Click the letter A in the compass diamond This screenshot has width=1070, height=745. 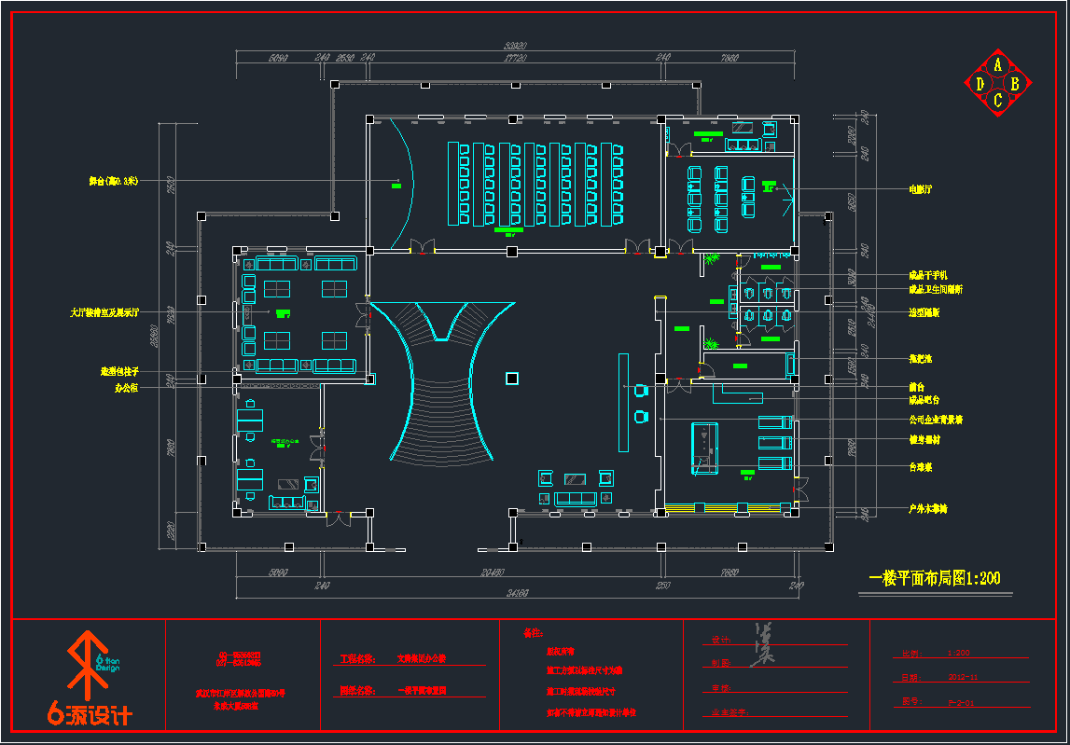[998, 64]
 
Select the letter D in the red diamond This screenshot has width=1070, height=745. [980, 84]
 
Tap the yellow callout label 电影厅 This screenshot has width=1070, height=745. [921, 189]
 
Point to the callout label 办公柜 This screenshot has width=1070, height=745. [126, 388]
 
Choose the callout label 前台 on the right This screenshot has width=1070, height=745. [917, 386]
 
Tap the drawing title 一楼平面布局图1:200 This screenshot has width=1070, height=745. [934, 579]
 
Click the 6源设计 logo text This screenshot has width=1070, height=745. [90, 715]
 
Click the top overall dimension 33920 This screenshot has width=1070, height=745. [516, 46]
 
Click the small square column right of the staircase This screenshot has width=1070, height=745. [511, 378]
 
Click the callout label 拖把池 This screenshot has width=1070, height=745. [921, 358]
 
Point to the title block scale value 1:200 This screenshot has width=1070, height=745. [958, 654]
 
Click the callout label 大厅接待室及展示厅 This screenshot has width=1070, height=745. [104, 312]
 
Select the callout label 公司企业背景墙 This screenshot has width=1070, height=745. [936, 420]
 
